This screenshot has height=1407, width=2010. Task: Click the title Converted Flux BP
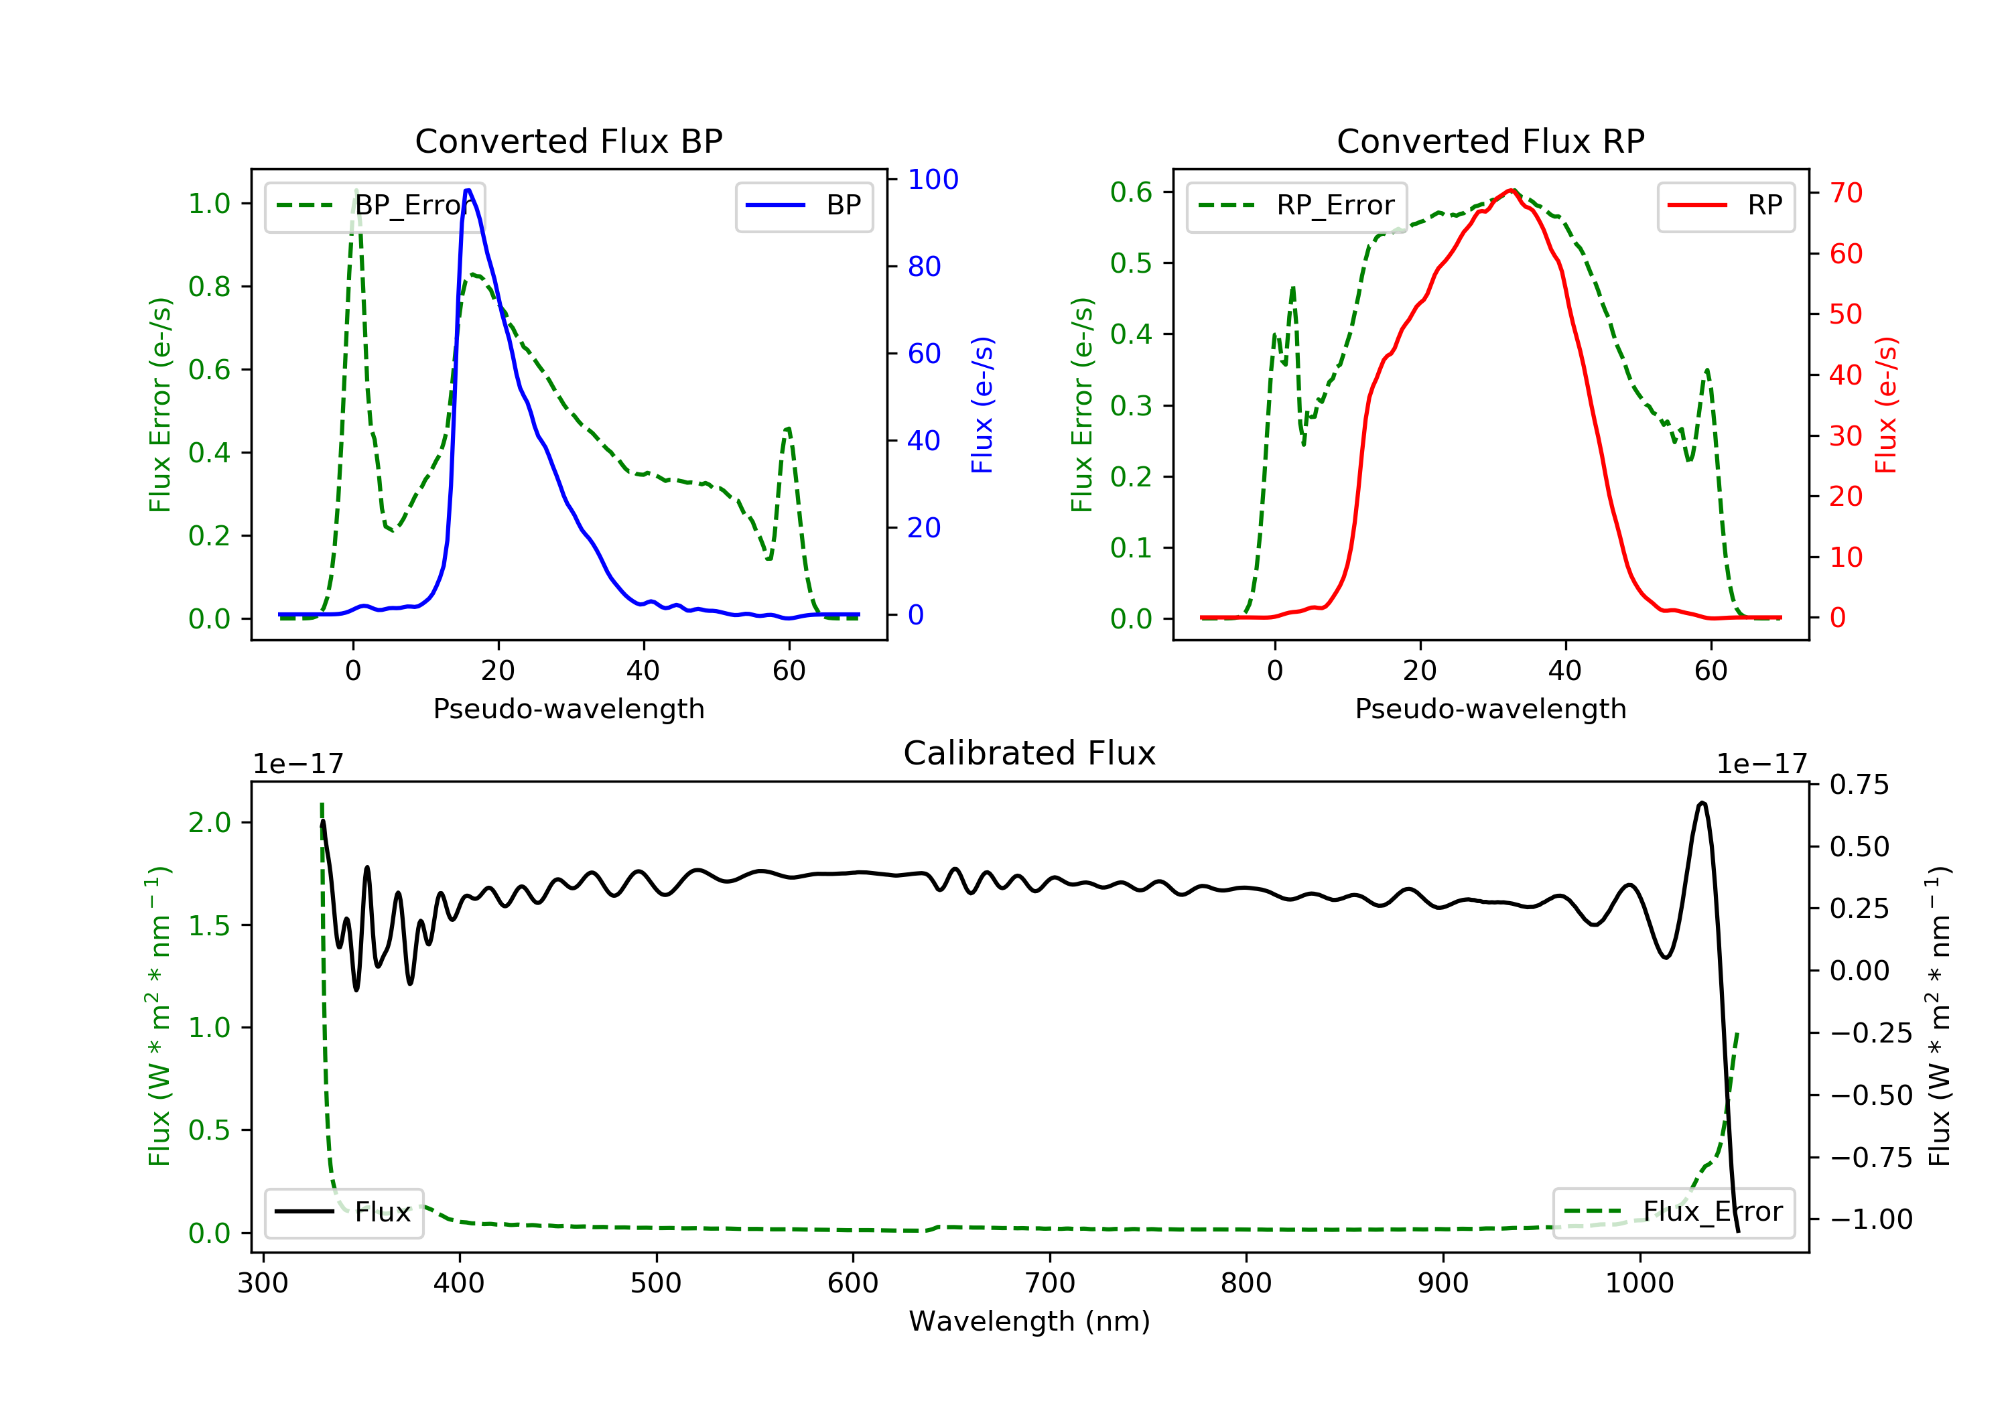point(568,141)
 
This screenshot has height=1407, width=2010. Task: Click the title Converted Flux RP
point(1490,141)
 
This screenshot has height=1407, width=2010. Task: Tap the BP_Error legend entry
point(375,206)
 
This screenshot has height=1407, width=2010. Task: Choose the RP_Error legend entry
point(1296,206)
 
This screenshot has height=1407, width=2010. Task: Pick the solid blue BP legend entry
point(803,206)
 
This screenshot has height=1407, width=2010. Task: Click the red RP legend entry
point(1725,206)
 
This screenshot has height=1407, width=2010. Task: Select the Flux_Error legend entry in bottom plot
point(1673,1212)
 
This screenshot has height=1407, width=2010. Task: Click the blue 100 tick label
point(933,180)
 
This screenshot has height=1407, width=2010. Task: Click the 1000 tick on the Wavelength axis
point(1639,1284)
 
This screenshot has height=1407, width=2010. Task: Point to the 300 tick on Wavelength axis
point(263,1284)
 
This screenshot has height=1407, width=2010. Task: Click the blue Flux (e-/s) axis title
point(982,405)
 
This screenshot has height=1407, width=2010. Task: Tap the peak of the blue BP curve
point(468,190)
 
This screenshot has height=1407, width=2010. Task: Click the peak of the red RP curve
point(1511,190)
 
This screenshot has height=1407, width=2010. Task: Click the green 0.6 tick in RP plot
point(1130,192)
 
